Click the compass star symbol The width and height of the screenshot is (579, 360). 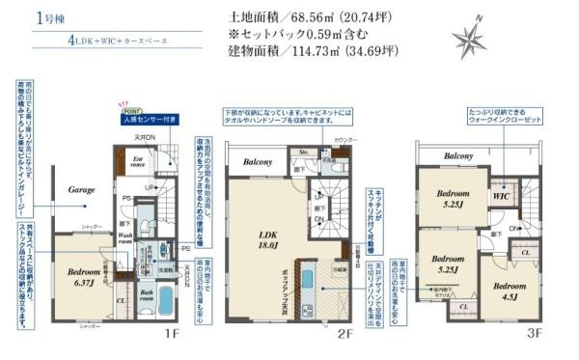point(475,40)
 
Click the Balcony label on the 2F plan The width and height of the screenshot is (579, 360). point(258,161)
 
